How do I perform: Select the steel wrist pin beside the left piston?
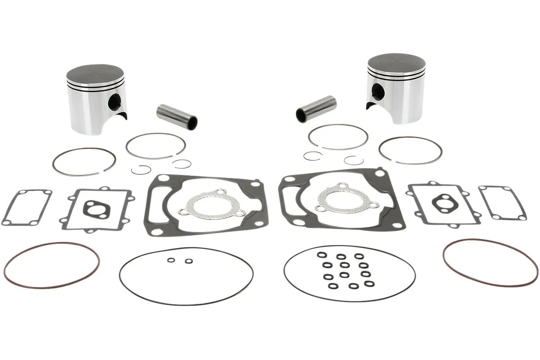pos(177,115)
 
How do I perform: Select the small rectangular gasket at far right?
pos(503,202)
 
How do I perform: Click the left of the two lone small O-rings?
pos(171,260)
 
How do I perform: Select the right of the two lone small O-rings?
pos(189,261)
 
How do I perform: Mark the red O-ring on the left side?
pos(51,265)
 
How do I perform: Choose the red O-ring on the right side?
pos(490,262)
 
